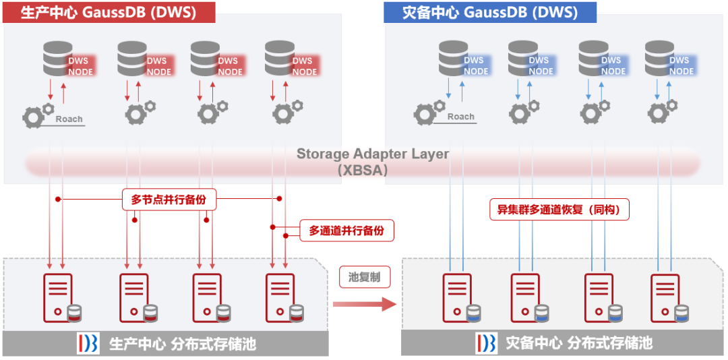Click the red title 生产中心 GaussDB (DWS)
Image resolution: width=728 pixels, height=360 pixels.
point(109,12)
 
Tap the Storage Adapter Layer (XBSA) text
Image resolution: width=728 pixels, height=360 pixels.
point(372,162)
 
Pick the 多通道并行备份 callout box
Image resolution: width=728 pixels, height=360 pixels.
point(346,231)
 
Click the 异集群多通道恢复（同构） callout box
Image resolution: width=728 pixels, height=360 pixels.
point(559,210)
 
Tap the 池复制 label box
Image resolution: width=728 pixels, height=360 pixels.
point(365,277)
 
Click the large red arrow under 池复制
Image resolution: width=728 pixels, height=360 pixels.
point(365,304)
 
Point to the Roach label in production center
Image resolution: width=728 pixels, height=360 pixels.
point(69,119)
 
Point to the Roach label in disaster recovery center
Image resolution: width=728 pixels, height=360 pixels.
point(460,117)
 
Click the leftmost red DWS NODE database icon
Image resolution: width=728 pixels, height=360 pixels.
point(59,59)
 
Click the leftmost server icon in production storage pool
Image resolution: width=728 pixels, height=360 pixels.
point(59,297)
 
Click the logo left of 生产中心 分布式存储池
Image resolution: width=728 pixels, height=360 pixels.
point(88,343)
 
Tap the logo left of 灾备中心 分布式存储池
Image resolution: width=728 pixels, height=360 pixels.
point(486,343)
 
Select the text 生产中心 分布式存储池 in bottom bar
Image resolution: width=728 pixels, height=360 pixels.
point(183,344)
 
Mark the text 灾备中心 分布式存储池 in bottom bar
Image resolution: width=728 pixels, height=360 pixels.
point(579,343)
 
